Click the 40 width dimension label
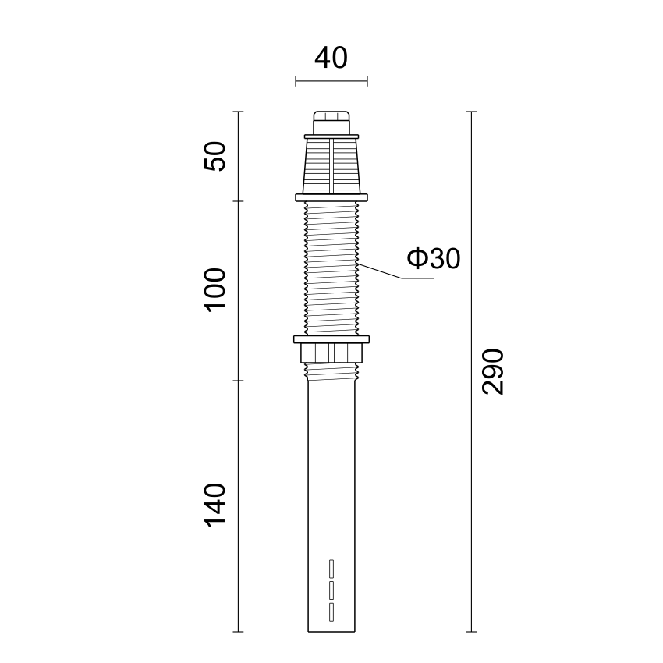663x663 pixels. [331, 58]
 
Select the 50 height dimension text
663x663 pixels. [215, 156]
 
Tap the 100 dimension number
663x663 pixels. [215, 289]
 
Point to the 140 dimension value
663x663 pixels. [215, 505]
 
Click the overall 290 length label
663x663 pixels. [493, 371]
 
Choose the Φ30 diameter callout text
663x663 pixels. [434, 258]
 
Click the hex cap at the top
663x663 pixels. [331, 122]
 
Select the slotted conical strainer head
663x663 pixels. [331, 165]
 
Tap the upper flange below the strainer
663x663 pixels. [331, 197]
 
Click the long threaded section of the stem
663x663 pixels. [331, 268]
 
